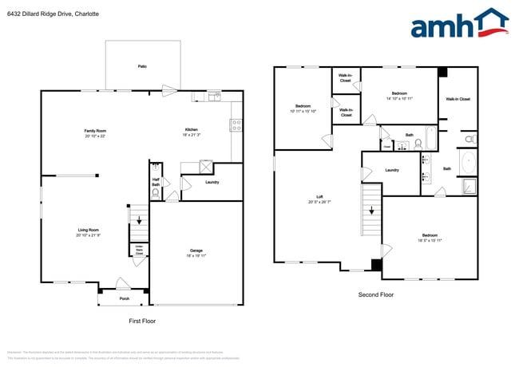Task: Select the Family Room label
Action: (96, 130)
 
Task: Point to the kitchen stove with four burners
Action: (236, 125)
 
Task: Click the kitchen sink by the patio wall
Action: (214, 97)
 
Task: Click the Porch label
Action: (125, 300)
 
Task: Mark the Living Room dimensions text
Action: (89, 235)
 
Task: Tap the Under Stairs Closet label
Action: (138, 250)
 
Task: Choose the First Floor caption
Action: (141, 321)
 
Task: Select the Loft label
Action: (319, 196)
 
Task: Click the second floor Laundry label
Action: (392, 170)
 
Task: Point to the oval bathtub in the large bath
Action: (467, 164)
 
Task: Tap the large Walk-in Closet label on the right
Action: (458, 99)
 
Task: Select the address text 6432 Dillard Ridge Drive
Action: (55, 12)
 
